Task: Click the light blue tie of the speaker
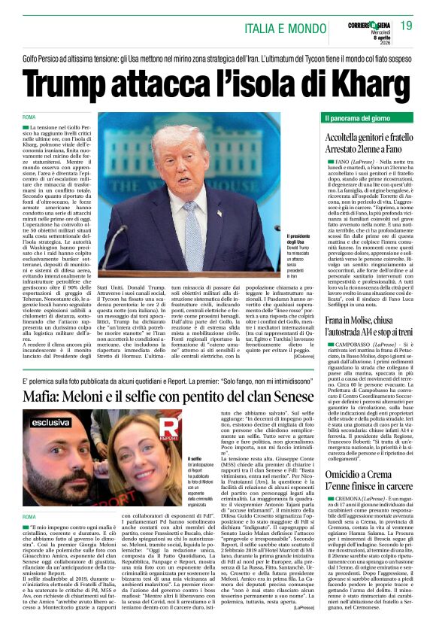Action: point(193,226)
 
